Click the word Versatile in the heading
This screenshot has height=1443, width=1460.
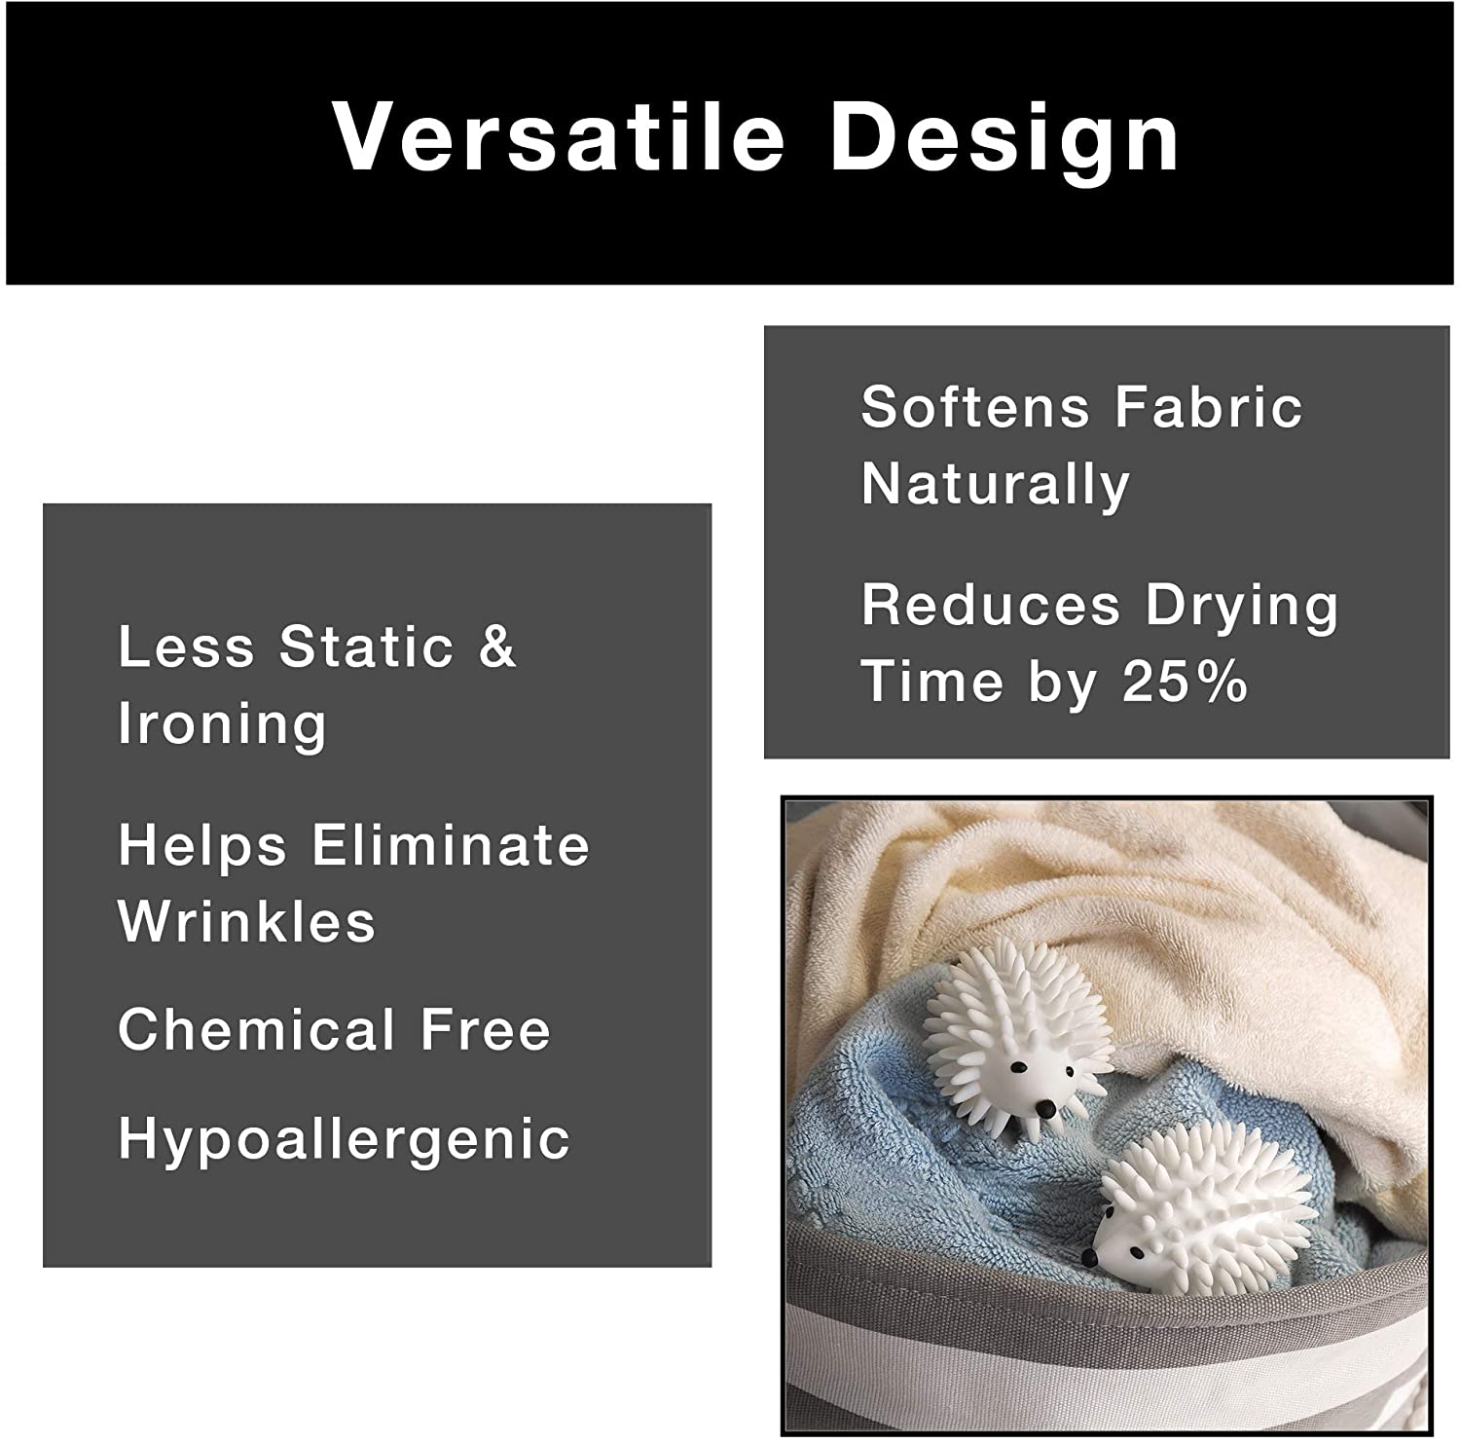(x=559, y=136)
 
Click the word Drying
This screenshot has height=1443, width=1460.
(x=1242, y=607)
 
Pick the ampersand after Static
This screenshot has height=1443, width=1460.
(x=496, y=646)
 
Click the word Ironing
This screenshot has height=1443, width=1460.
(x=222, y=724)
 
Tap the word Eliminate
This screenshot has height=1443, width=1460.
(x=451, y=844)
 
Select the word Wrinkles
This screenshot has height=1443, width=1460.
(x=247, y=920)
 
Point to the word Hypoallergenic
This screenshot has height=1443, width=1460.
(x=344, y=1139)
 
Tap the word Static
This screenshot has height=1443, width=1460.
(x=366, y=646)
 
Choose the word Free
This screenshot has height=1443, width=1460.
(x=485, y=1029)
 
